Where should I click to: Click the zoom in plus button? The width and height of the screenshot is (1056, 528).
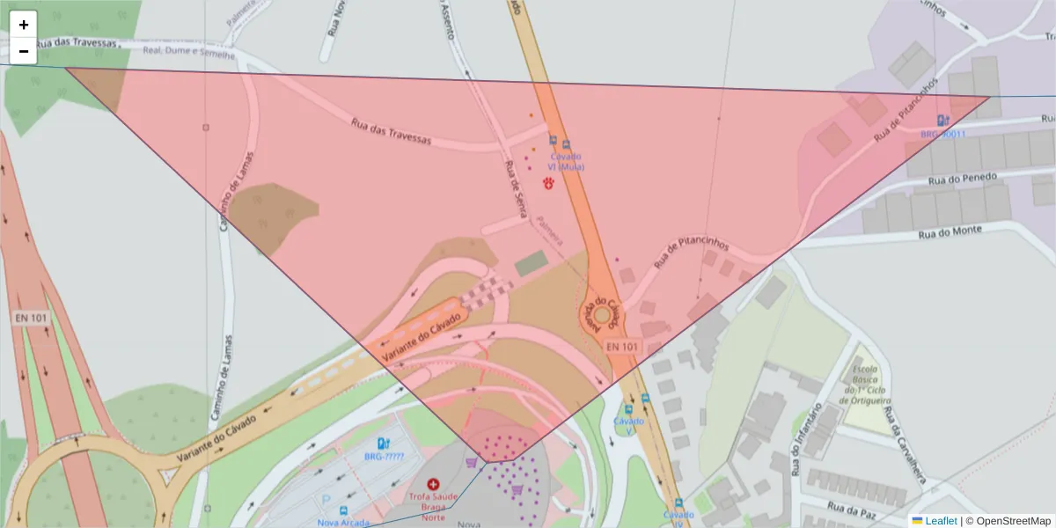[24, 25]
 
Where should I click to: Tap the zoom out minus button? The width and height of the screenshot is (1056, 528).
[24, 51]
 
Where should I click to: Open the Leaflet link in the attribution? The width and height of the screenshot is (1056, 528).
[940, 521]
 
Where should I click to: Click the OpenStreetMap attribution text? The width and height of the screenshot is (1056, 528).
[1013, 521]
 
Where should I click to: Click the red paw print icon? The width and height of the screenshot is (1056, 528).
[550, 183]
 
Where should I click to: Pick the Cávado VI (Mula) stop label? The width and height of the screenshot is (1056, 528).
[566, 161]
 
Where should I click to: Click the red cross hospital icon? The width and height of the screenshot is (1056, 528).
[432, 484]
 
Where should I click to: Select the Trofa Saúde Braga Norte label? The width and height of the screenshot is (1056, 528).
[433, 507]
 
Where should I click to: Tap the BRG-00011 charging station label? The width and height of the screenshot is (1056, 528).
[943, 135]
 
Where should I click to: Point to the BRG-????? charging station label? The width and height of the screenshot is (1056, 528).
[384, 458]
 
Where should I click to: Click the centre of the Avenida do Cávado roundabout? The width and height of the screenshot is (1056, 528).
[603, 314]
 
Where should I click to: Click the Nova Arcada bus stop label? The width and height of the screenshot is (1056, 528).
[341, 522]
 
